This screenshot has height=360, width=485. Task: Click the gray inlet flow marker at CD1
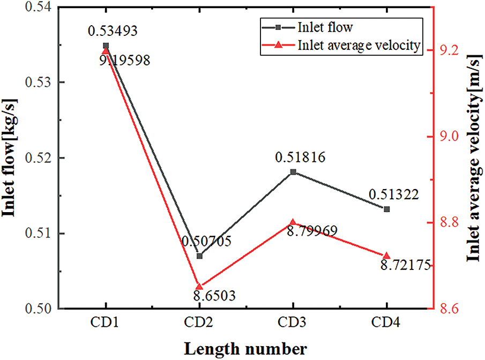coord(106,46)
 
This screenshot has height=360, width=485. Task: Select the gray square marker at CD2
coord(199,256)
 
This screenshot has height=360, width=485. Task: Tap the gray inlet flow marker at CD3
coord(293,172)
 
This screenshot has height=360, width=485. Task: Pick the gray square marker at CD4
coord(386,209)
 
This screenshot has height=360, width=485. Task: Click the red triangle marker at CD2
coord(199,287)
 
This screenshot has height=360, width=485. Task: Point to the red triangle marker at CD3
coord(293,222)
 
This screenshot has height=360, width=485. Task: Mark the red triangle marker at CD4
coord(386,256)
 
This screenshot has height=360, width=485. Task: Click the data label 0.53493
coord(113,31)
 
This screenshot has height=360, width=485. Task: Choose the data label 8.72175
coord(404,265)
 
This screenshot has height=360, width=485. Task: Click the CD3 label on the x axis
coord(293,324)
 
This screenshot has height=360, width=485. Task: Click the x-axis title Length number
coord(246,348)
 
